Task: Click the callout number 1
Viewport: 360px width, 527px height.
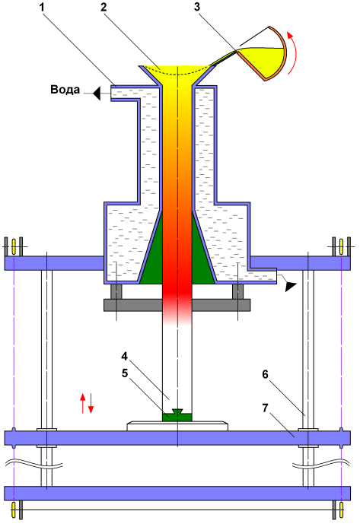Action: (43, 8)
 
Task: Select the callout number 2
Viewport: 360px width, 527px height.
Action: (104, 8)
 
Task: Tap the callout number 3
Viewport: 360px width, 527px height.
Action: (197, 8)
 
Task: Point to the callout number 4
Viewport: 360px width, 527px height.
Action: (125, 356)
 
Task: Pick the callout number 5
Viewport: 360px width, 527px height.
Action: (125, 373)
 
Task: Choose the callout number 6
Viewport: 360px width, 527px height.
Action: (265, 374)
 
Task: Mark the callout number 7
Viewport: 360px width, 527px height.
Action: (265, 408)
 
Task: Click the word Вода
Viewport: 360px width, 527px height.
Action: (65, 90)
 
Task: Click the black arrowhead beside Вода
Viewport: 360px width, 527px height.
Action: (97, 93)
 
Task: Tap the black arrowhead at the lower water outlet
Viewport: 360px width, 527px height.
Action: (290, 287)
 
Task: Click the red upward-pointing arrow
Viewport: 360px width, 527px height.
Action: (82, 403)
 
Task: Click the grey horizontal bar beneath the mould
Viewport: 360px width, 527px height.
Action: (177, 305)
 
